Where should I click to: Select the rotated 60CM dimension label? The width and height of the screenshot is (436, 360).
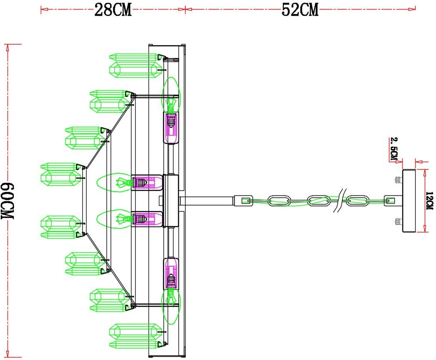coord(9,201)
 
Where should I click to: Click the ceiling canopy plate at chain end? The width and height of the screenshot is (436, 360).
coord(409,201)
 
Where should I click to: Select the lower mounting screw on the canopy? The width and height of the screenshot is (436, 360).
coord(397,221)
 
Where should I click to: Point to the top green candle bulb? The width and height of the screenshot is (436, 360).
coord(171,94)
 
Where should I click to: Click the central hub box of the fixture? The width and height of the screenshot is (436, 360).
coord(171,201)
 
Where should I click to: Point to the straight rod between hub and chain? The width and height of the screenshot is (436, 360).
coord(206,201)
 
